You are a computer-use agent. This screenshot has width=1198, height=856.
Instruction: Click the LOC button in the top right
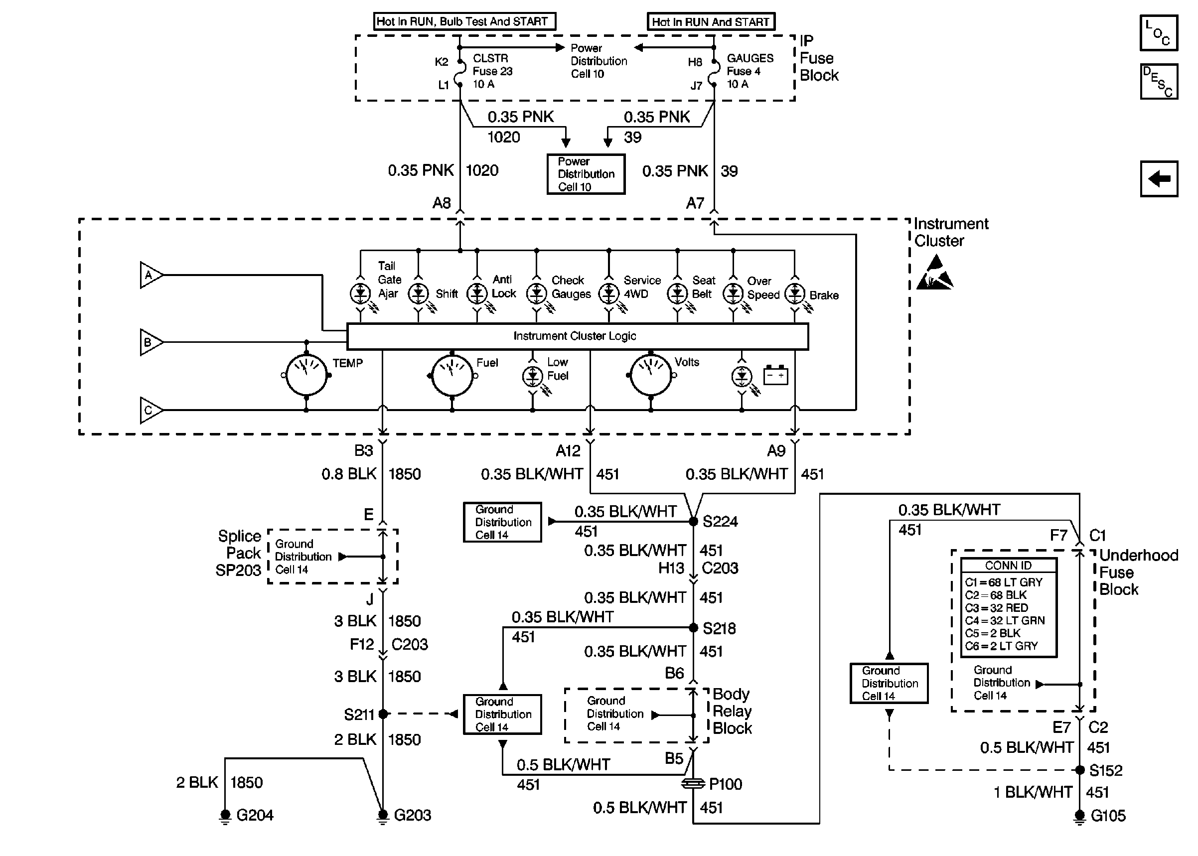(x=1158, y=33)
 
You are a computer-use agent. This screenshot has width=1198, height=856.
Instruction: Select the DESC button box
(x=1159, y=82)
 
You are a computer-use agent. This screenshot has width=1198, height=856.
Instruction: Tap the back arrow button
(x=1159, y=179)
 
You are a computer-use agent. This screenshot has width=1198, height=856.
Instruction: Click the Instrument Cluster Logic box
(x=577, y=336)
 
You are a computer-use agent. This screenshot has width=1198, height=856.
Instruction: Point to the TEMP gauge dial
(x=306, y=375)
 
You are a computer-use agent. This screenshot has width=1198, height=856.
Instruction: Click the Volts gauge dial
(x=650, y=375)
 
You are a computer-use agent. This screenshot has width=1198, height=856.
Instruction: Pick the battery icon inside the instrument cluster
(x=775, y=375)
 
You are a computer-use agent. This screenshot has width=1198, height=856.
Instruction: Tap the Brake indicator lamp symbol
(x=794, y=293)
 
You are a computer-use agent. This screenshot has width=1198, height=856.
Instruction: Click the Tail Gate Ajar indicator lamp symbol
(x=360, y=293)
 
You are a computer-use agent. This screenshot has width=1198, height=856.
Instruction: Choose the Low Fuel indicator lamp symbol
(x=532, y=376)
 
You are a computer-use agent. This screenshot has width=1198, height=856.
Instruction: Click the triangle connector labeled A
(x=150, y=275)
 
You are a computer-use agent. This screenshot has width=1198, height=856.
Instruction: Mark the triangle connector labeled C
(x=150, y=410)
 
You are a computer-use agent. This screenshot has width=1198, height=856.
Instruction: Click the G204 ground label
(x=255, y=816)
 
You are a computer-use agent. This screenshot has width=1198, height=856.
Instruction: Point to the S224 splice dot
(x=693, y=521)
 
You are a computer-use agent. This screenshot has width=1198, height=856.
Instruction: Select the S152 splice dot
(x=1079, y=770)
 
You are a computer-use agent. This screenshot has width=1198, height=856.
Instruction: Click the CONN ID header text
(x=1008, y=566)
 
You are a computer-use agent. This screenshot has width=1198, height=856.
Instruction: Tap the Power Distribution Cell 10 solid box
(x=586, y=174)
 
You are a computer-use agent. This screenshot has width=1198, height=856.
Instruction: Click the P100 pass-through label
(x=725, y=784)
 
